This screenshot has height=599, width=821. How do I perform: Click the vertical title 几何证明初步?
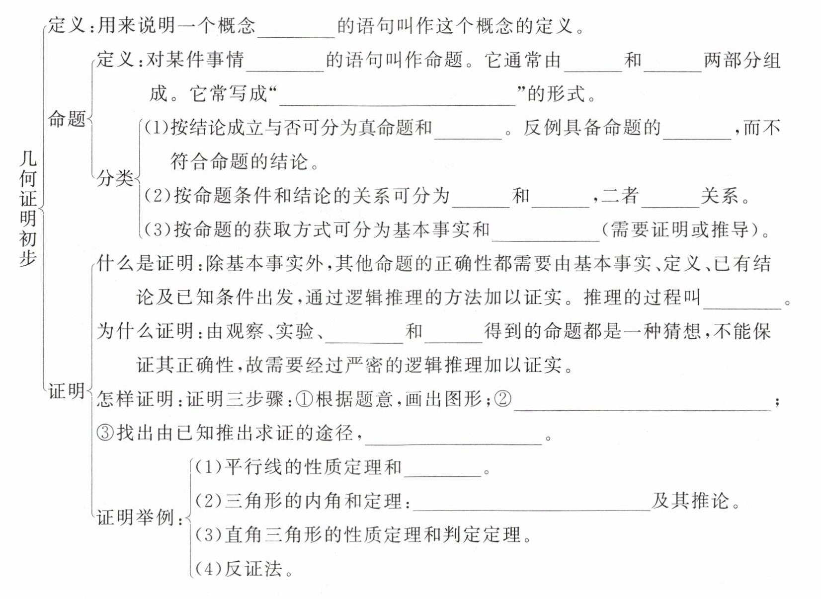28,208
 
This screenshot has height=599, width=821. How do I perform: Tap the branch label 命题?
67,119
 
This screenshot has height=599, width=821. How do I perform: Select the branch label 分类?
115,177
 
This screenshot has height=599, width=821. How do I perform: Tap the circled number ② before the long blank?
503,399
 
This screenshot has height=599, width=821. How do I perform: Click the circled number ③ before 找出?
105,433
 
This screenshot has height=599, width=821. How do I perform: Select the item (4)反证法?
244,568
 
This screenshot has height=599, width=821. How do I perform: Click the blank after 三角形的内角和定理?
531,503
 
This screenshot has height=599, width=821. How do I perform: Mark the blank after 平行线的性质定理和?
442,469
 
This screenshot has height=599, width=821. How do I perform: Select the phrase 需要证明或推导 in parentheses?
680,229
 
